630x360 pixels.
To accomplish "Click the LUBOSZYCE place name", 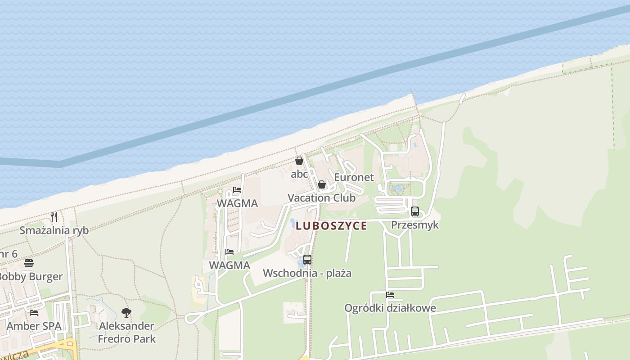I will tap(331, 226).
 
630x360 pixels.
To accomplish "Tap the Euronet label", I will tap(354, 177).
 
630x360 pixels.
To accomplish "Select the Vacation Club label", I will tap(321, 198).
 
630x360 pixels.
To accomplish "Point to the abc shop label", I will tap(299, 174).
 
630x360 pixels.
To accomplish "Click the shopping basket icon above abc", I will tap(299, 161).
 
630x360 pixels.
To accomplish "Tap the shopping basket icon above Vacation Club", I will tap(322, 184).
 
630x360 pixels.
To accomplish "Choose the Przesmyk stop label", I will tap(414, 225).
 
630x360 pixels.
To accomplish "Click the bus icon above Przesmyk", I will tap(415, 211).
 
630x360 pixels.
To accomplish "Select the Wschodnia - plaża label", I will tap(307, 273).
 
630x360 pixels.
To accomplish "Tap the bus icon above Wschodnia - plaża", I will tap(307, 260).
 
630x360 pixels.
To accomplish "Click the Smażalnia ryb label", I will tap(54, 230).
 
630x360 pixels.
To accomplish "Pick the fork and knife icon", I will tap(54, 217).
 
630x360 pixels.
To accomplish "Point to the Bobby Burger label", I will tap(30, 276).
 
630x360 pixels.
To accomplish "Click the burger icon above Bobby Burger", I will tap(29, 263).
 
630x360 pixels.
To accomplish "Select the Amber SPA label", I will tap(34, 326).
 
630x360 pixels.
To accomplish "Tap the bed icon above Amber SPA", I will tap(34, 313).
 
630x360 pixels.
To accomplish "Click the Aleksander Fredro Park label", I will tap(126, 332).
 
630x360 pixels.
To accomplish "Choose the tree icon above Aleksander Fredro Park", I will tap(126, 312).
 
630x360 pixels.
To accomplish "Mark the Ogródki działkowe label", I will tap(390, 308).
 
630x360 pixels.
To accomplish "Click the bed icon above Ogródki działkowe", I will tap(390, 295).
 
